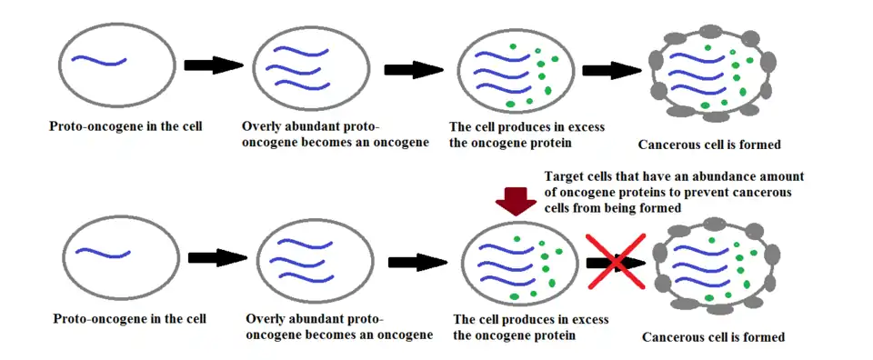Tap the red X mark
tap(616, 261)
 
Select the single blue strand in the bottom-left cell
tap(103, 253)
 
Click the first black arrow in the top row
tap(214, 65)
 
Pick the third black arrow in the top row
tap(612, 70)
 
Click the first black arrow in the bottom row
tap(217, 257)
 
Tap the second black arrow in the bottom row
tap(418, 262)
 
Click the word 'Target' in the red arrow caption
tap(562, 177)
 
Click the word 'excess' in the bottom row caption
tap(590, 321)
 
